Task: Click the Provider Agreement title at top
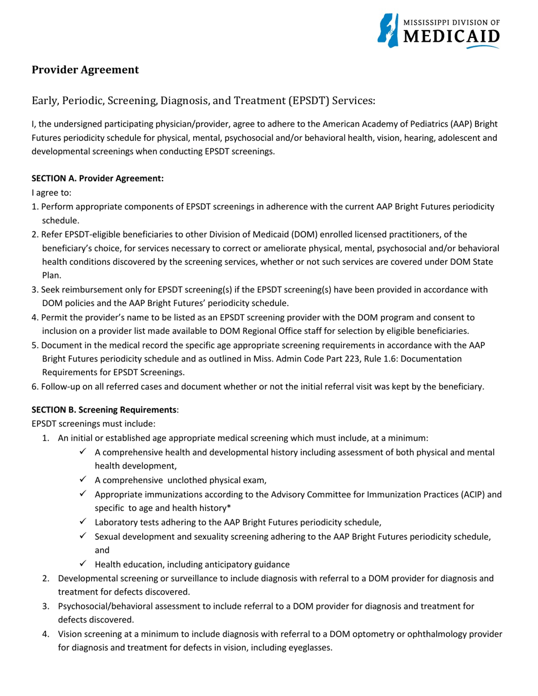pos(85,70)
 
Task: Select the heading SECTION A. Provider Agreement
pos(97,178)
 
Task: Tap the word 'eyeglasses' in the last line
pos(309,648)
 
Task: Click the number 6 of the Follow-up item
pos(34,387)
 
